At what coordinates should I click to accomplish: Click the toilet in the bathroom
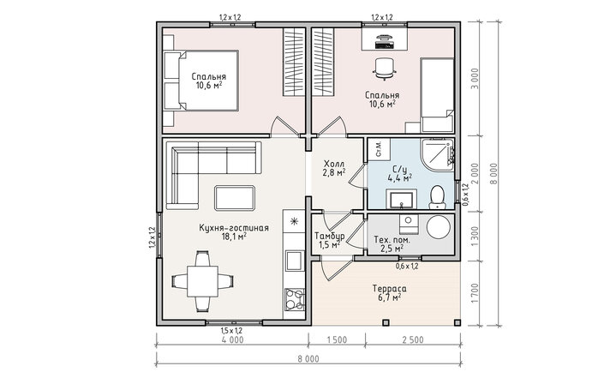437,197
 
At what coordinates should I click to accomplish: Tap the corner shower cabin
437,154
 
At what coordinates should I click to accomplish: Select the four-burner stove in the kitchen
295,299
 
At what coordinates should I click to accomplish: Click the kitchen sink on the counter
295,260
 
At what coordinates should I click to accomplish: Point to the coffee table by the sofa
235,198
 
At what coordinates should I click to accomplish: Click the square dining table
202,280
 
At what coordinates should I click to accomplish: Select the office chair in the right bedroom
384,69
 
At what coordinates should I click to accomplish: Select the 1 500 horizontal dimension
337,339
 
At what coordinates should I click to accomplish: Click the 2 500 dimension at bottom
413,339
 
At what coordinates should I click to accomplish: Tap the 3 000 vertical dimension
475,79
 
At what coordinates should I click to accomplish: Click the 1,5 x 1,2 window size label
231,330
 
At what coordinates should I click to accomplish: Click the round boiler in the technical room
439,227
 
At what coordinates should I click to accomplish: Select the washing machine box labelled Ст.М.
379,149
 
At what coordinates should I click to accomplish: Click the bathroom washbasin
402,199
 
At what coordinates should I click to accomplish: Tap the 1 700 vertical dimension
475,293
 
